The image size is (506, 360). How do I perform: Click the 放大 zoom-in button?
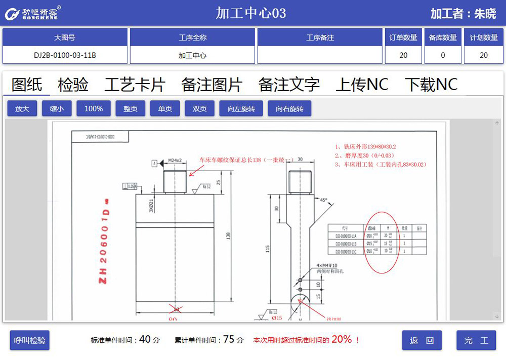[22, 109]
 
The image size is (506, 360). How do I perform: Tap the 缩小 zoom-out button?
[57, 109]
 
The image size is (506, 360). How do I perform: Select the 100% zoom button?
[94, 109]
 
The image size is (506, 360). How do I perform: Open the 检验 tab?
[73, 85]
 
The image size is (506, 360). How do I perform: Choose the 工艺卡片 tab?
[135, 85]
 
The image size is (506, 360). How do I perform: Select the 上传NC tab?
[362, 85]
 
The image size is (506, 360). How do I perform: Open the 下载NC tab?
[431, 85]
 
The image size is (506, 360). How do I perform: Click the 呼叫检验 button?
[30, 341]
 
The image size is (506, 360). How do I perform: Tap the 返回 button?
[422, 341]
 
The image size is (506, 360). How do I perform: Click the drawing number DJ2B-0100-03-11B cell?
[65, 55]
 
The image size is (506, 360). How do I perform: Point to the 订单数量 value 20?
[403, 55]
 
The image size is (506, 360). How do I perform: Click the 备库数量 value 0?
[443, 55]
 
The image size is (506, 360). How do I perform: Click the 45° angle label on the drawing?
[322, 199]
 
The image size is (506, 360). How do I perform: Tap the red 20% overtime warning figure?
[342, 340]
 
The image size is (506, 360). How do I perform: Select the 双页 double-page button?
[200, 109]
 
